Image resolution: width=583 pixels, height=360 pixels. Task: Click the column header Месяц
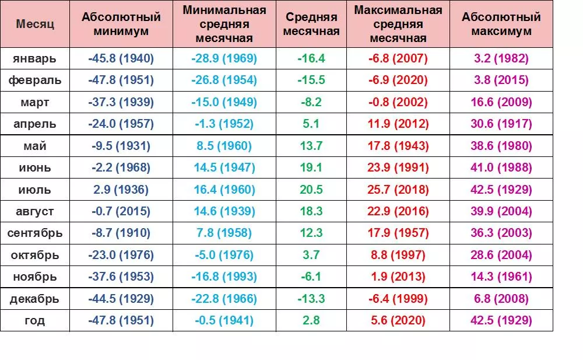click(x=35, y=25)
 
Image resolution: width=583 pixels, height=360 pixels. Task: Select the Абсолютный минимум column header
click(x=121, y=24)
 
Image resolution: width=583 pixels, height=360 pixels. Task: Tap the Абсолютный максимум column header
click(x=501, y=24)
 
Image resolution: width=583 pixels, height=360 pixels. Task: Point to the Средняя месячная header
click(x=311, y=24)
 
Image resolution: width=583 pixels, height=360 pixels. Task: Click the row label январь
click(x=35, y=58)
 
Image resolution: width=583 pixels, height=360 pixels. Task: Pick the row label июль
click(x=35, y=190)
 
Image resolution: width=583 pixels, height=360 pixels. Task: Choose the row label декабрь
click(x=35, y=299)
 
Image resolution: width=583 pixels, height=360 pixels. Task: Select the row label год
click(x=35, y=320)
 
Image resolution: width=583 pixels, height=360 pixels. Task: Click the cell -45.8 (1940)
click(x=121, y=58)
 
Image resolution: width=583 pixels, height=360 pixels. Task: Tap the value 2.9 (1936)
click(x=121, y=190)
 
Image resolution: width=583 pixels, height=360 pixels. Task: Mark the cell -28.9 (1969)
click(x=224, y=58)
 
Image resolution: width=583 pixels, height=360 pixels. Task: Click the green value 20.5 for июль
click(x=311, y=190)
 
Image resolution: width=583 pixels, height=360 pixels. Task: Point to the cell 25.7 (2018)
click(x=398, y=190)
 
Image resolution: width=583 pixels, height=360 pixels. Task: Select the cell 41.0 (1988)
click(x=501, y=168)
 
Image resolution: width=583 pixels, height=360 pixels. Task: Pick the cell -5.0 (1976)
click(x=224, y=255)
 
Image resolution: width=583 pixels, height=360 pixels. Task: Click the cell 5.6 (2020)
click(x=398, y=320)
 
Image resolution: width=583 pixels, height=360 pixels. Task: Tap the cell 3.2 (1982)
click(x=501, y=58)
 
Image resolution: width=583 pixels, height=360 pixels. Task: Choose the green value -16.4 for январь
click(x=311, y=58)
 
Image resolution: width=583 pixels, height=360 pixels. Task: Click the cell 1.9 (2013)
click(x=398, y=277)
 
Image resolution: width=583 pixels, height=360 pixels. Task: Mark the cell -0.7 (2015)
click(x=121, y=211)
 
